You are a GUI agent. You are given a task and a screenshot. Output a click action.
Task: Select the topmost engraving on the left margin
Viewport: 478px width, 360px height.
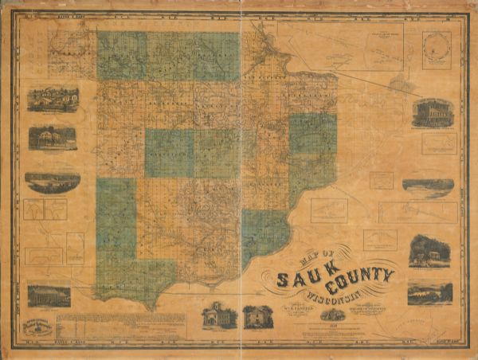pos(53,99)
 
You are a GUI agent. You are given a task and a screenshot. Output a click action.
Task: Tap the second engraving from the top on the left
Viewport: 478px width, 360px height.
pos(53,138)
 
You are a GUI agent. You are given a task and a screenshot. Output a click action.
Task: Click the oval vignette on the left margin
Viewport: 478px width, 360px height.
pos(53,182)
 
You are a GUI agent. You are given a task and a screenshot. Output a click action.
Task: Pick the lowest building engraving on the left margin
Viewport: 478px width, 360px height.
pos(49,295)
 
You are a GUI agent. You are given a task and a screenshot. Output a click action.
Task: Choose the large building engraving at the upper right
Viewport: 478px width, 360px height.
pos(433,113)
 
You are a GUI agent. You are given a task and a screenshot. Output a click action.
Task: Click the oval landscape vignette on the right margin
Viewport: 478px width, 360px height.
pos(428,186)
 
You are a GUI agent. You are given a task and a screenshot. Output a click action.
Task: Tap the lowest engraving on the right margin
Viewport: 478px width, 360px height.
pos(429,293)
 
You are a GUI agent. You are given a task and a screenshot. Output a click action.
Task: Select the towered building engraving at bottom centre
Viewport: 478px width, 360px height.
pos(219,315)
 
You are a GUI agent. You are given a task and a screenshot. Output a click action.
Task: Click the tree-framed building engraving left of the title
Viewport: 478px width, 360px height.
pos(258,316)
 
